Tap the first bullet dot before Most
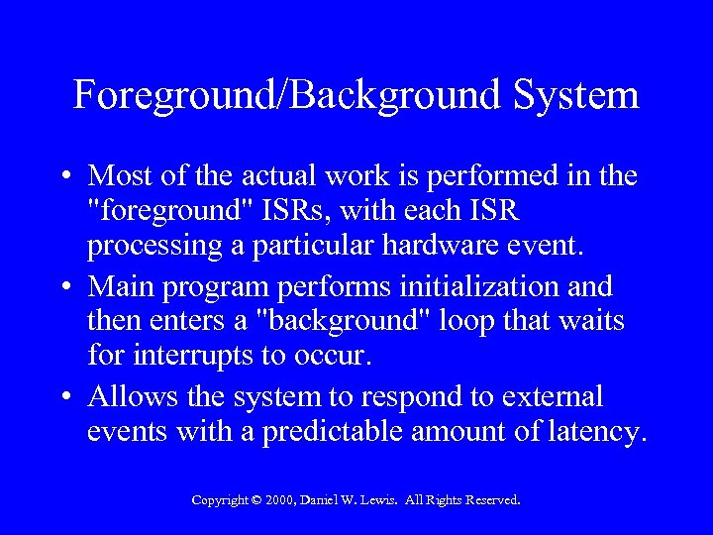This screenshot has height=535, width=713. [63, 177]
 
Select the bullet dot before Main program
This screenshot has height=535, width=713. [63, 287]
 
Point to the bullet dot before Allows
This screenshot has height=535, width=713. [63, 397]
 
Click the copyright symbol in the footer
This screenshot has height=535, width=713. [255, 501]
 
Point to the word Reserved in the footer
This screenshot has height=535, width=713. [486, 501]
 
